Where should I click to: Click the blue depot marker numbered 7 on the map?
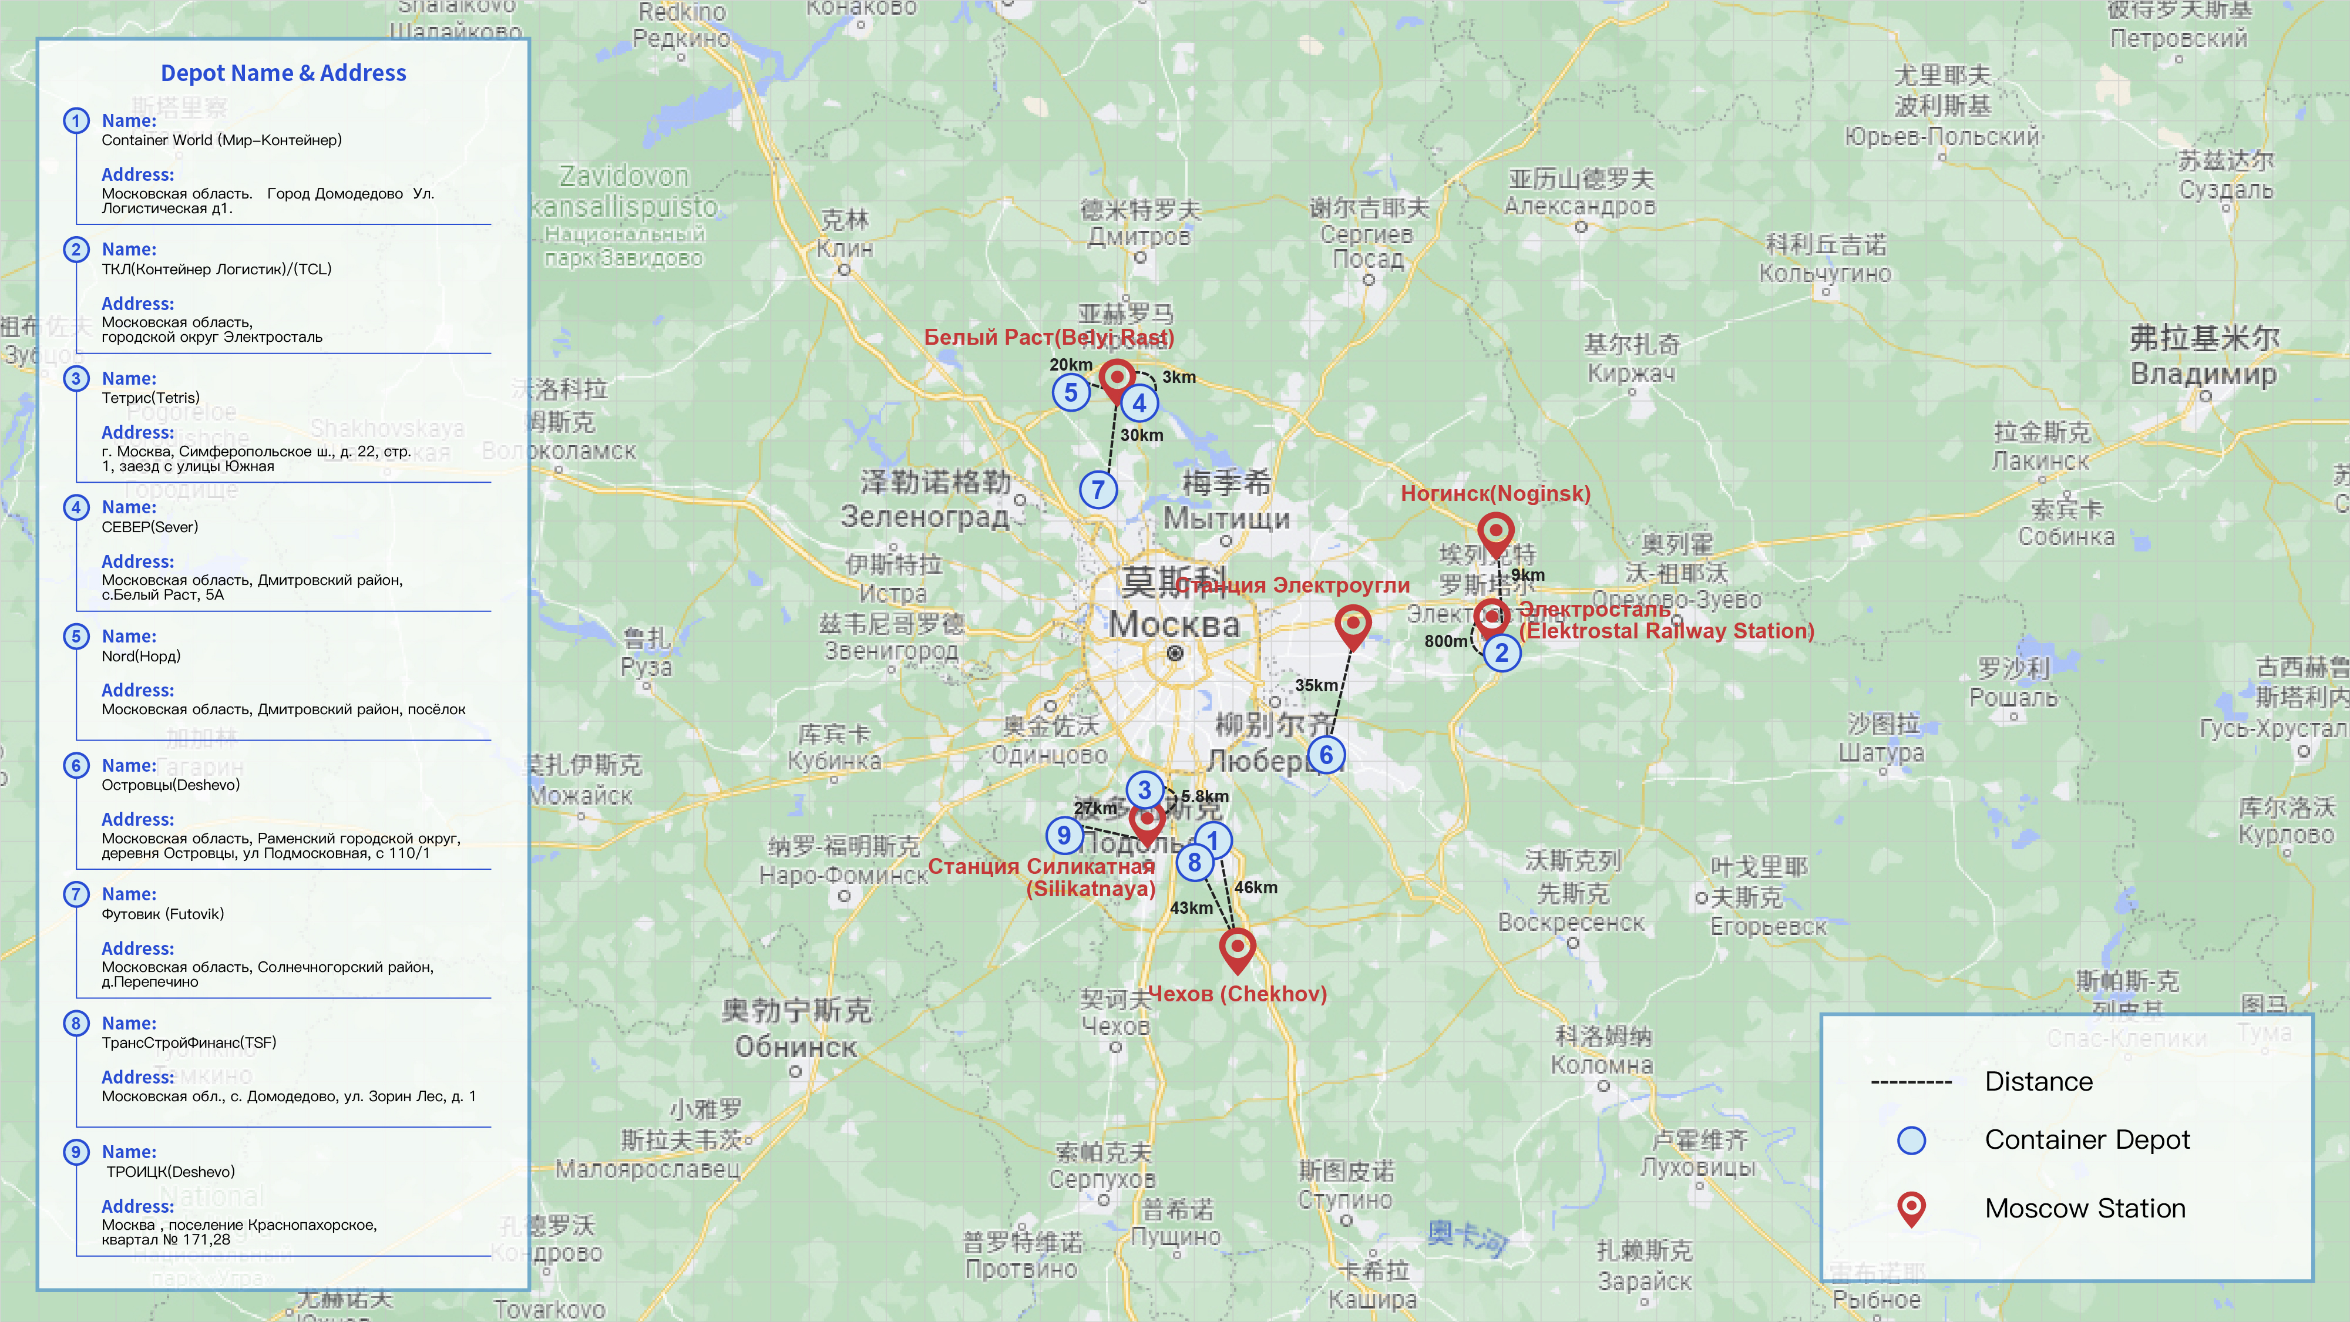point(1098,490)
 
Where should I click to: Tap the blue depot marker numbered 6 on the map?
point(1326,755)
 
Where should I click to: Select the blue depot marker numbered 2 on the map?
point(1502,653)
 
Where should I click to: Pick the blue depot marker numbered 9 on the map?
point(1064,835)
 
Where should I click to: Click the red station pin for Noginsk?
point(1495,532)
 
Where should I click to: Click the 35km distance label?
point(1316,685)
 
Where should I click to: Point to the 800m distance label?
point(1446,641)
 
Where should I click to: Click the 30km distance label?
point(1141,435)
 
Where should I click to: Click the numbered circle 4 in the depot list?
point(76,507)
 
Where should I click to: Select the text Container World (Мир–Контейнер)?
point(221,140)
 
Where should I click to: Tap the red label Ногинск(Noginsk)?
point(1495,493)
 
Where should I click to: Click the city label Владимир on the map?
point(2203,374)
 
